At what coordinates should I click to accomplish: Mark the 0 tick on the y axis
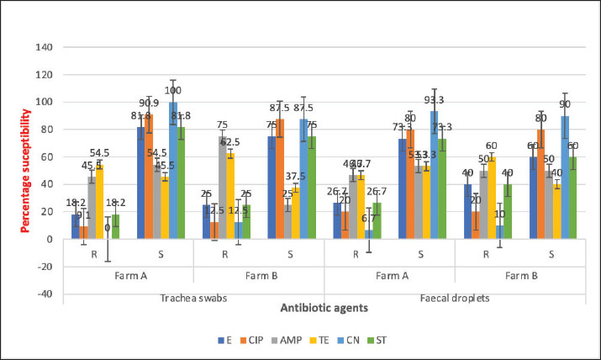coord(61,239)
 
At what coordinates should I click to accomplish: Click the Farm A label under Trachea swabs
coord(126,275)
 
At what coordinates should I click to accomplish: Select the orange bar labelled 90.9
coord(150,177)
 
